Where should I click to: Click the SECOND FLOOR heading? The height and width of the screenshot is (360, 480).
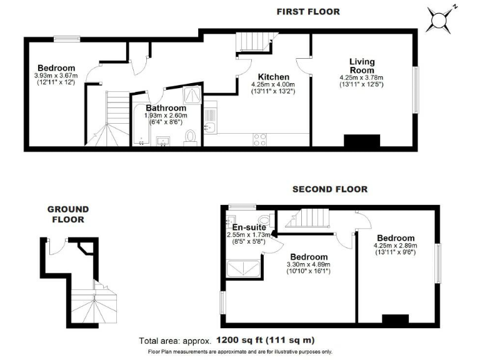click(x=329, y=189)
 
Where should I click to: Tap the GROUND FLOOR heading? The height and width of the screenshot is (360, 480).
click(x=69, y=214)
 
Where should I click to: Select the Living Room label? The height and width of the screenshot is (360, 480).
click(x=362, y=66)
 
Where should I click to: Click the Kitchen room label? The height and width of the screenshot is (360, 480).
click(x=273, y=77)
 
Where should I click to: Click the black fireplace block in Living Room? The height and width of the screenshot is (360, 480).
click(x=362, y=142)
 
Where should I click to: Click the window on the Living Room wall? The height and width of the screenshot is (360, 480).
click(x=416, y=89)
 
